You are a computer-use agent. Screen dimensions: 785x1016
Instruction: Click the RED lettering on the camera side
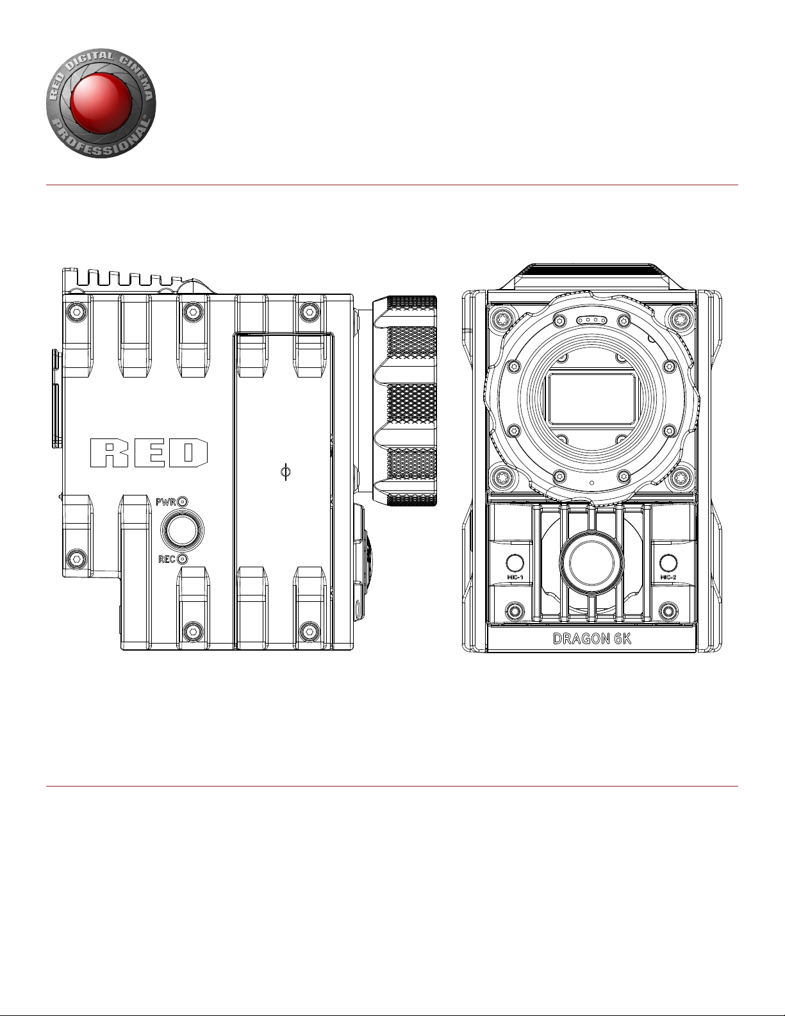click(x=149, y=453)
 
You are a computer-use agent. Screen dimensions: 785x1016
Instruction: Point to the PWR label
click(x=166, y=503)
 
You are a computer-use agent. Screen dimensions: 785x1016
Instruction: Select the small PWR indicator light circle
click(x=183, y=503)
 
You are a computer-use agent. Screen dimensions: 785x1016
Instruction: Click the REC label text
click(x=167, y=559)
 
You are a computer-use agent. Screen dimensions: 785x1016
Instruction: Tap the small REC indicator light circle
click(x=183, y=559)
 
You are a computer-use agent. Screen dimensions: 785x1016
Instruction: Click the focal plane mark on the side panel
click(x=286, y=472)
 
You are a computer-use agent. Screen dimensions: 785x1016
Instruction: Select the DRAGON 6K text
click(x=591, y=638)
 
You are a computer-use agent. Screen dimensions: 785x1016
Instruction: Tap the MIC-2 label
click(x=668, y=577)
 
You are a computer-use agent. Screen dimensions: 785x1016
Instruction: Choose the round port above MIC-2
click(x=668, y=563)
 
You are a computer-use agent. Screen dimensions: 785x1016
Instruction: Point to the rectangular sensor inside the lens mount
click(x=591, y=399)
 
